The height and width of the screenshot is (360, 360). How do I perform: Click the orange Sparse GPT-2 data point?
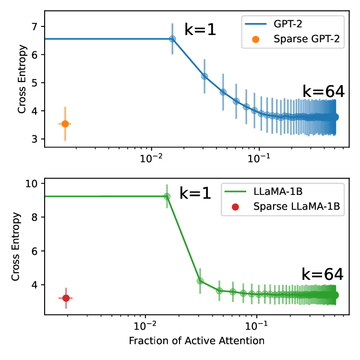pos(65,124)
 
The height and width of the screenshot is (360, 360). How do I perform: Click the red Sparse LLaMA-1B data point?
pos(66,298)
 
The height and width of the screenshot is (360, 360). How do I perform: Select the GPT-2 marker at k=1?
pos(172,39)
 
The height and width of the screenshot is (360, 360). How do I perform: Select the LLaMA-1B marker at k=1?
pos(167,196)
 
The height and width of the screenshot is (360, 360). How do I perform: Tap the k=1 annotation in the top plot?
pos(201,30)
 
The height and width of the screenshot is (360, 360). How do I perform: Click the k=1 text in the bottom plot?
pos(195,193)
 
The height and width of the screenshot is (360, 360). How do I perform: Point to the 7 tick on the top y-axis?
pos(35,26)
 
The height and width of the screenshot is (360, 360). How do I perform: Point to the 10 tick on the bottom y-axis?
pos(32,183)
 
